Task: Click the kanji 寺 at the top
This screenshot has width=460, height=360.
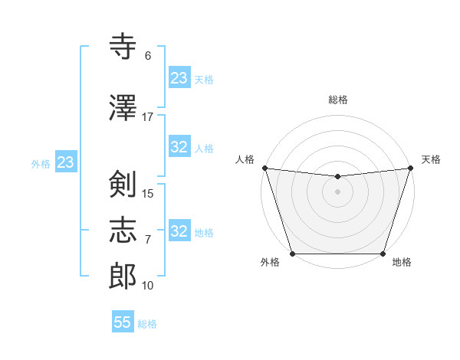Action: (x=123, y=47)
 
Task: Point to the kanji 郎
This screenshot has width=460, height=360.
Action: (x=123, y=277)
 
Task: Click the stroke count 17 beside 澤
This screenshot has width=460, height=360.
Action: (x=148, y=117)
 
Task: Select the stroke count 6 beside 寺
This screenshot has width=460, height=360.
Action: (x=148, y=56)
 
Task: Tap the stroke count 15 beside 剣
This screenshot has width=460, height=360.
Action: (x=148, y=194)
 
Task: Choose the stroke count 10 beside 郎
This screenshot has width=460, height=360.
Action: (x=148, y=286)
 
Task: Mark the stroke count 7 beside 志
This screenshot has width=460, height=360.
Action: (x=148, y=240)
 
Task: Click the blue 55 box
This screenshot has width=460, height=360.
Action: (x=123, y=322)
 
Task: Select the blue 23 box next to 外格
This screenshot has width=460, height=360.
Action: (x=65, y=162)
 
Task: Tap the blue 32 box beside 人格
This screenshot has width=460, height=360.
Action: (x=179, y=147)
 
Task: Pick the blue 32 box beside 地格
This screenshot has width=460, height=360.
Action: (x=179, y=231)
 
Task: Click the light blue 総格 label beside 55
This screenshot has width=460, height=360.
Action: (x=147, y=324)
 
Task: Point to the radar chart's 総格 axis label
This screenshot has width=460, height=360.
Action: (x=338, y=100)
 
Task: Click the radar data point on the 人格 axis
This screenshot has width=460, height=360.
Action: (x=264, y=168)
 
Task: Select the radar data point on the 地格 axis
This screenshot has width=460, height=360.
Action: (x=383, y=254)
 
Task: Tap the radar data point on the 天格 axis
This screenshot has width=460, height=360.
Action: (x=411, y=168)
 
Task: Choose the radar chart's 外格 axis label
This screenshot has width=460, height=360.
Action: (x=270, y=263)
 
